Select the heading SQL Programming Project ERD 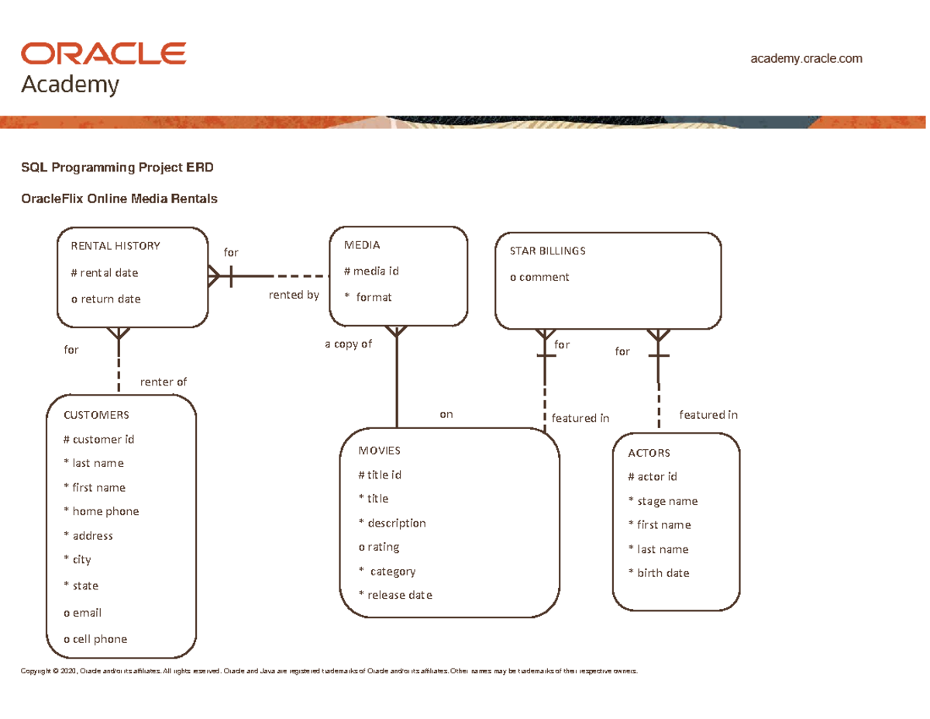click(116, 168)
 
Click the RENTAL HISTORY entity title click(115, 246)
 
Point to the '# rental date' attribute click(105, 273)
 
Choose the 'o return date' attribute click(105, 299)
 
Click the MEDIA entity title click(361, 245)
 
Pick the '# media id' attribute click(371, 271)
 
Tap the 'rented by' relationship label click(294, 295)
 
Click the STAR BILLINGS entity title click(547, 251)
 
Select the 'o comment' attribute click(539, 277)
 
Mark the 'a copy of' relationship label click(348, 344)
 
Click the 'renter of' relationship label click(163, 382)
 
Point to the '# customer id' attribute click(98, 439)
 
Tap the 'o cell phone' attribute click(95, 639)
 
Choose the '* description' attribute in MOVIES click(392, 523)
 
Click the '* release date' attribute click(395, 595)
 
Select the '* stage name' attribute click(663, 501)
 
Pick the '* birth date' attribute click(658, 573)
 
